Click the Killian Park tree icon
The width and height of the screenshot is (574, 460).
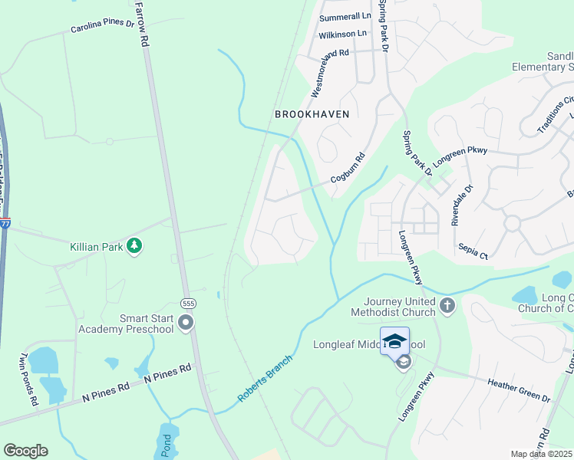click(x=135, y=245)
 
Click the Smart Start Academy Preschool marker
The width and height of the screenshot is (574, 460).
click(x=186, y=324)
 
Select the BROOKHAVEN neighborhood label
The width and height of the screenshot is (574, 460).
click(x=312, y=114)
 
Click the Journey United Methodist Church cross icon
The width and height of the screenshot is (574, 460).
click(x=447, y=307)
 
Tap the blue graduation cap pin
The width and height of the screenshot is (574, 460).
click(x=395, y=341)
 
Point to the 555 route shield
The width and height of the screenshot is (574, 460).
click(x=186, y=304)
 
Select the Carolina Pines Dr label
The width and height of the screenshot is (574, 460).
click(x=102, y=27)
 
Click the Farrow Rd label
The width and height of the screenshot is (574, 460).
click(x=140, y=24)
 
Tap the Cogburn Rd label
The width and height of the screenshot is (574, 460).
click(x=348, y=171)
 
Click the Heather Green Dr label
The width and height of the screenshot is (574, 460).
click(x=520, y=389)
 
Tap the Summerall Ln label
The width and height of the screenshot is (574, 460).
click(x=345, y=16)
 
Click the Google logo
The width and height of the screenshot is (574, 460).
click(x=25, y=451)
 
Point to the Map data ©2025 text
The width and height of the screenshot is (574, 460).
click(x=542, y=454)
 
